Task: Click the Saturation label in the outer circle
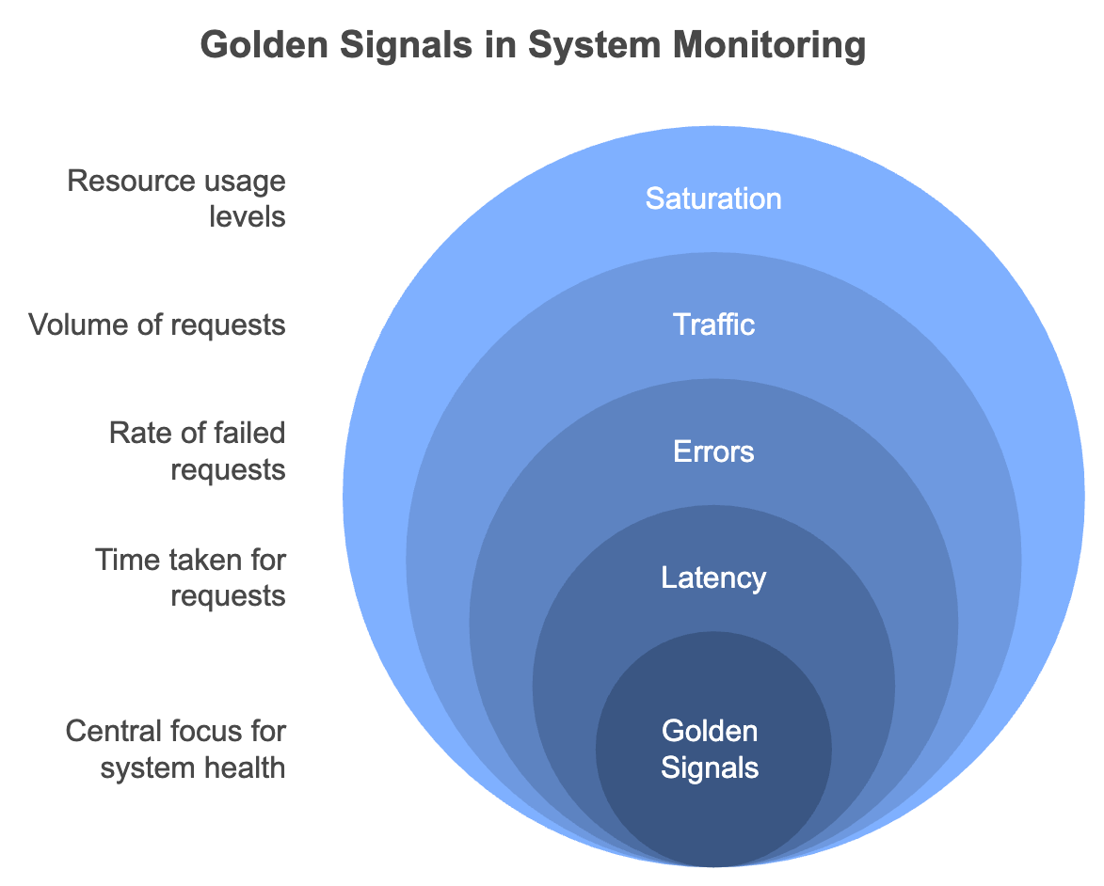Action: coord(713,198)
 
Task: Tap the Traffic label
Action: coord(713,324)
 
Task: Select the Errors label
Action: coord(713,451)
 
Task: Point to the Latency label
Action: coord(713,577)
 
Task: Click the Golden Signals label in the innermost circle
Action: coord(711,749)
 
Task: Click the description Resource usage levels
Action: coord(177,198)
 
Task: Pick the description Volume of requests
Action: coord(157,324)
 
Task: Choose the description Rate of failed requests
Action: coord(197,451)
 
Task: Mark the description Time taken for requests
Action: coord(191,577)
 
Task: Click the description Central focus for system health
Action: coord(176,749)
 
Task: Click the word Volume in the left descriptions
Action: coord(72,324)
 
